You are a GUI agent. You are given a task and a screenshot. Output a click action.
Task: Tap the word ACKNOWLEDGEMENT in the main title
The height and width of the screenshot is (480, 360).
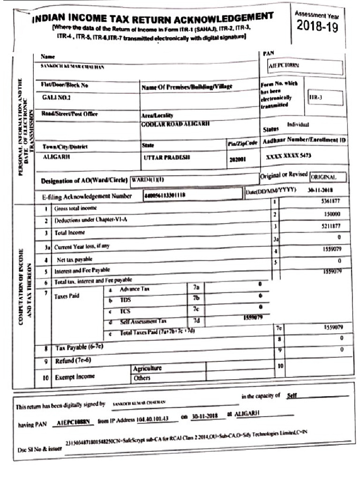(224, 18)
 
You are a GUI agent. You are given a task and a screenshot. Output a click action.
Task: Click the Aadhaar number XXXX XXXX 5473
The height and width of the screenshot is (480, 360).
(288, 155)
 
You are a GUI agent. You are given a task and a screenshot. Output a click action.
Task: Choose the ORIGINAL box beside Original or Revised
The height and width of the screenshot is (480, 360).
(328, 178)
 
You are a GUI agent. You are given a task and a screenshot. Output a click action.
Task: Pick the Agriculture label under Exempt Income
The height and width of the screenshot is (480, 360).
(147, 368)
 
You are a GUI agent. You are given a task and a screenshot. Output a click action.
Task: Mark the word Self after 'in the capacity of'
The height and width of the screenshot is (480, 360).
(291, 395)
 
